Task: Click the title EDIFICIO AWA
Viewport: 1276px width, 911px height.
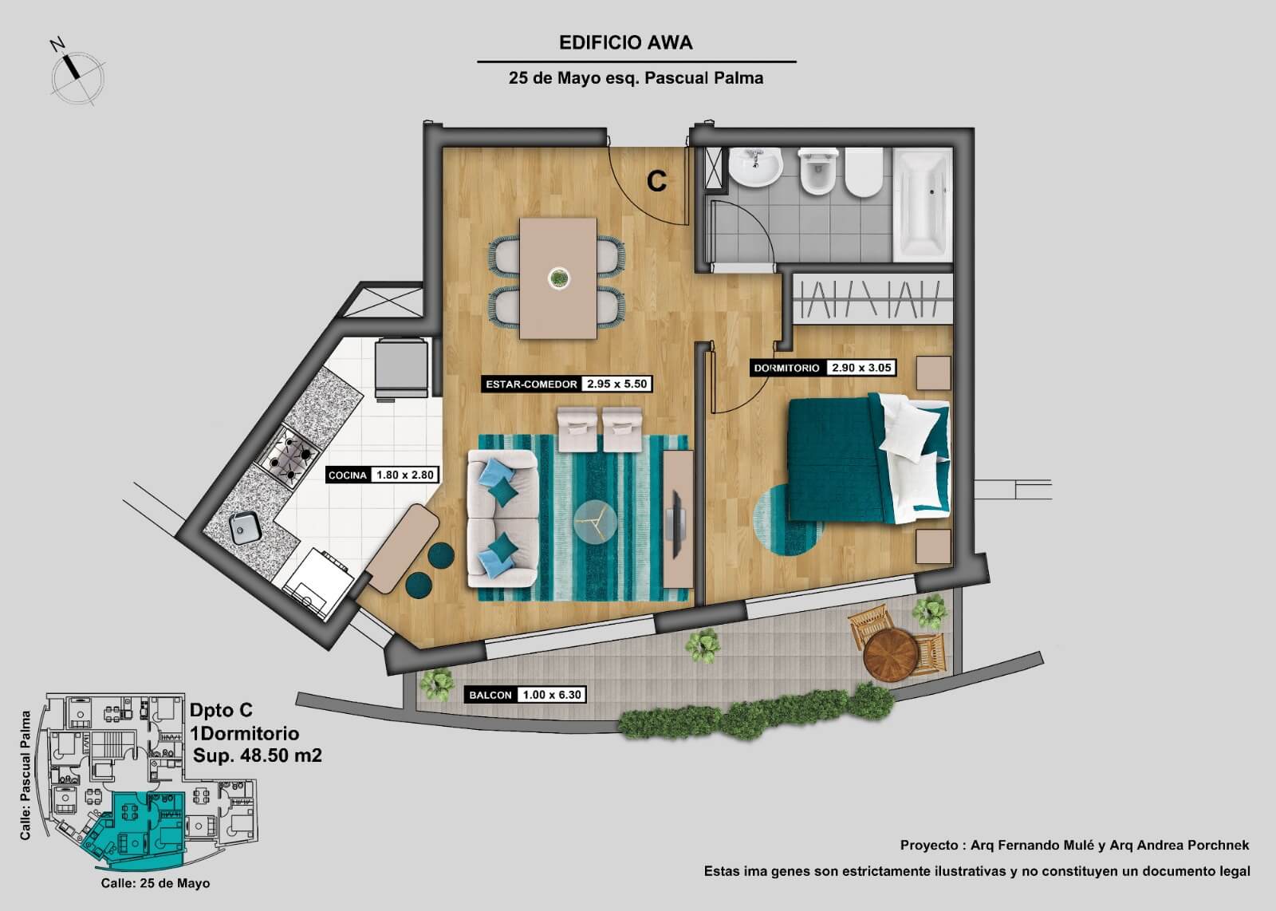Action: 625,43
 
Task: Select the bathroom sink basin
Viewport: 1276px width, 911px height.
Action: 755,167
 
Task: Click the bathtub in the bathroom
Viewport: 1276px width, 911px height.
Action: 923,204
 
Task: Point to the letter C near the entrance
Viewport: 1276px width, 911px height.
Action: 656,181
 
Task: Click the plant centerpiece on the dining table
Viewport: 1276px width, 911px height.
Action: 559,278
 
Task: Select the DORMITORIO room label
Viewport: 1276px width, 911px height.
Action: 786,368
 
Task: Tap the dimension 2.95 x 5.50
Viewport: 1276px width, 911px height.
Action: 617,384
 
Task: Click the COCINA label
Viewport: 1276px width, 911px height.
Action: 348,475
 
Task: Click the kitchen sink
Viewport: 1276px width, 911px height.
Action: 246,527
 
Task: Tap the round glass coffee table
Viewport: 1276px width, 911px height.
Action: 595,521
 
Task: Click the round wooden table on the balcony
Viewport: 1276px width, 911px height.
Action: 891,655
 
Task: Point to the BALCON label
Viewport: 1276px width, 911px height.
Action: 490,695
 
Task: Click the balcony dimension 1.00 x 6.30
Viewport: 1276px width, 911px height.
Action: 551,695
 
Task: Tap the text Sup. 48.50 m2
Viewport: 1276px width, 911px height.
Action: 258,755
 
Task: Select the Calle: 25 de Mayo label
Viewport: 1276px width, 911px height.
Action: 156,883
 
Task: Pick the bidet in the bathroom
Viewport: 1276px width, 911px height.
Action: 818,171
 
